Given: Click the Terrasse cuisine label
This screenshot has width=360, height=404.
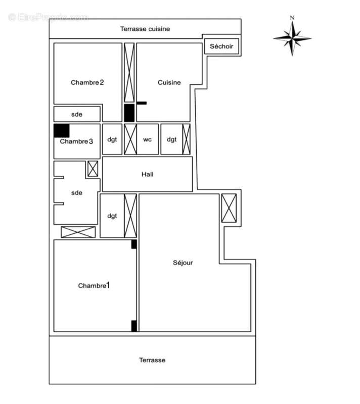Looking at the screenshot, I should pos(145,29).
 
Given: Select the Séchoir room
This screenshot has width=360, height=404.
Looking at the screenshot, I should pos(221,46).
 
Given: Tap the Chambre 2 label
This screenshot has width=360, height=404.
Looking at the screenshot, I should pos(87,82).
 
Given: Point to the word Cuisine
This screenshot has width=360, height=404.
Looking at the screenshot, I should pos(169,82).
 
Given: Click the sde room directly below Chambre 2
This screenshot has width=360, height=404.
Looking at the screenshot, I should pos(77,114).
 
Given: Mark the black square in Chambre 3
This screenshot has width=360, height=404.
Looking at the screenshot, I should pos(62,130).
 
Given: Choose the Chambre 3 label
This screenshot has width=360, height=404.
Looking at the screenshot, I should pos(76,141).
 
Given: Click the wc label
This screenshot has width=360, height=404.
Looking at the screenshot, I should pos(148,139).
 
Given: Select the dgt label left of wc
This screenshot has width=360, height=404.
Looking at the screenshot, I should pos(112,139).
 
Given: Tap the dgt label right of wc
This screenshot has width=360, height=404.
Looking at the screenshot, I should pos(172,139).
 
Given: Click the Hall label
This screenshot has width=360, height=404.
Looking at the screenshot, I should pos(148,174).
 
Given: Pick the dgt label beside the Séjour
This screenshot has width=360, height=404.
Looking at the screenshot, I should pos(112,216).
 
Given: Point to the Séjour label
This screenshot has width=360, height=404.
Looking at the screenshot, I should pos(183,263).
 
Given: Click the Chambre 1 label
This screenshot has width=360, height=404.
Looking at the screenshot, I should pos(94,285).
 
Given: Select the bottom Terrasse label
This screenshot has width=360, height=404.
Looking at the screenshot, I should pos(152,360).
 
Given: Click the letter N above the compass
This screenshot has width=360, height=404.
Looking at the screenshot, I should pos(292,18).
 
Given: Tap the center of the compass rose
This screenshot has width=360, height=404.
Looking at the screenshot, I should pos(292,38).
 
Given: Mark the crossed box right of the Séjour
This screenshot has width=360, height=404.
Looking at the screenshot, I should pos(229,208).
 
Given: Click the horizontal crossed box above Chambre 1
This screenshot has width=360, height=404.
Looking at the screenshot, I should pos(78,232).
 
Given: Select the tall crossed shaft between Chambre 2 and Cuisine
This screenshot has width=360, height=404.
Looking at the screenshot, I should pos(129,73).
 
